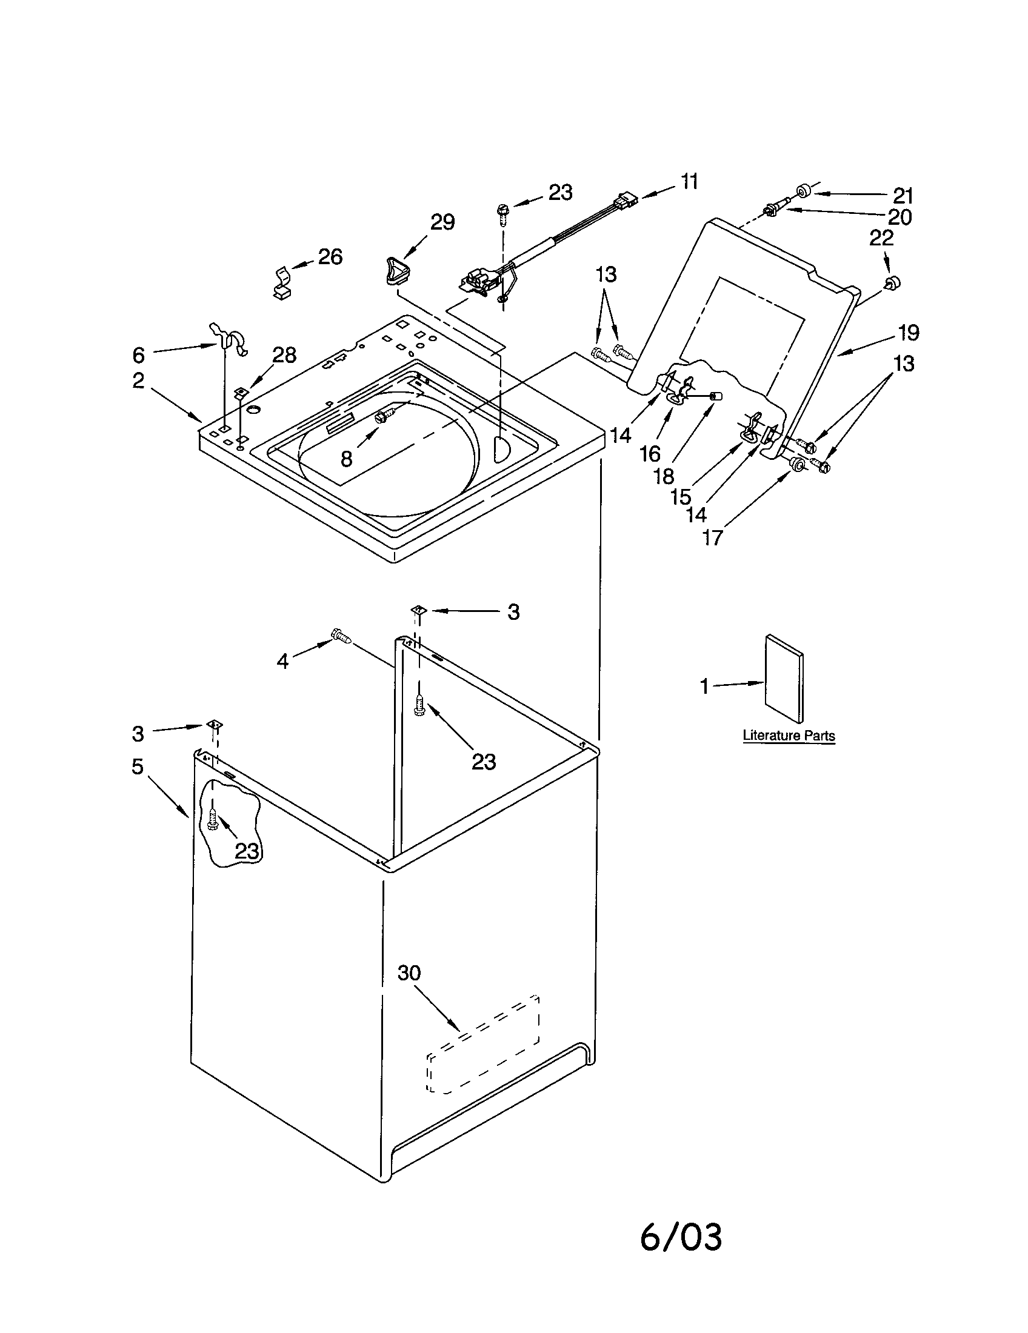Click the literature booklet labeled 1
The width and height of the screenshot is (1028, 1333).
pos(784,678)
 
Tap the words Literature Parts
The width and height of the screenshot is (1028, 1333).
pos(788,736)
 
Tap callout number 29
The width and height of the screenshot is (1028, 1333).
pos(442,222)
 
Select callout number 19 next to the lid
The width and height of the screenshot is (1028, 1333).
pos(908,333)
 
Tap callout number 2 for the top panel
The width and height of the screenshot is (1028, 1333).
pos(139,381)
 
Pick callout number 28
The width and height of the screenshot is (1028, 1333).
pos(284,355)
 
